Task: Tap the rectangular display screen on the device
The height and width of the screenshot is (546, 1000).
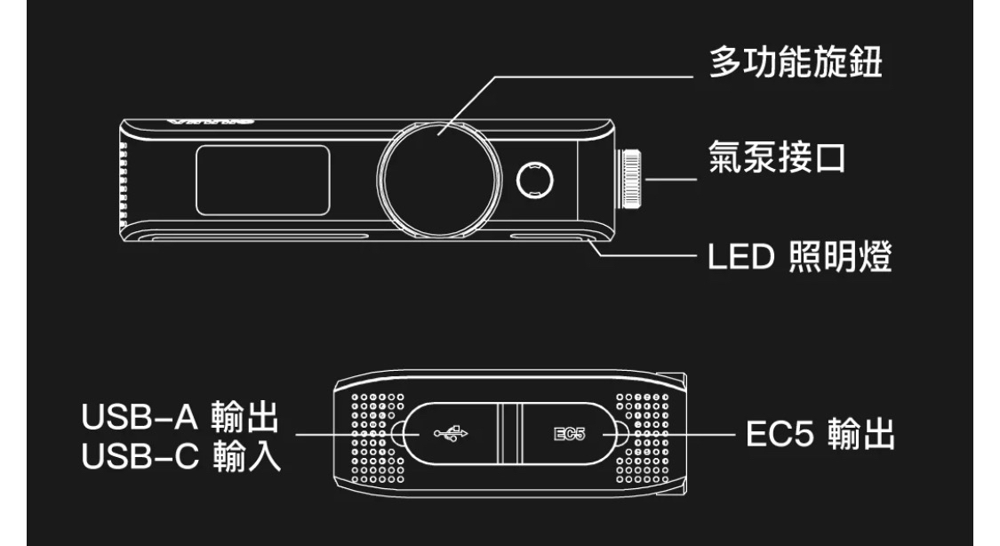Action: pyautogui.click(x=263, y=180)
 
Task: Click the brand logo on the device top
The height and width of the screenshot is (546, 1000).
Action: pyautogui.click(x=214, y=119)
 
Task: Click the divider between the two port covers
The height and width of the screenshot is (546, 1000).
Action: pyautogui.click(x=508, y=434)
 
